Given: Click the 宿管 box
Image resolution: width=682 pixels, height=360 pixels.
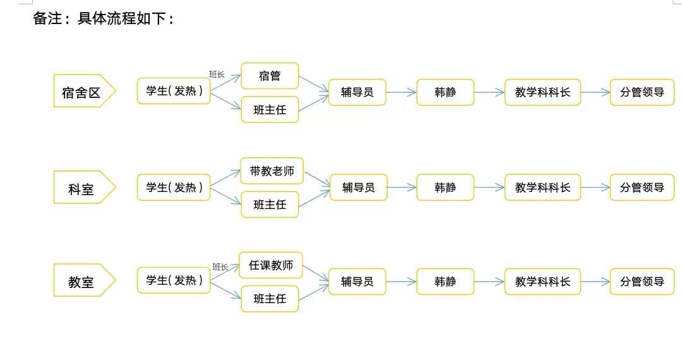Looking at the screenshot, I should tap(270, 76).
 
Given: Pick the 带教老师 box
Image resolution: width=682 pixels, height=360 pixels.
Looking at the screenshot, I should tap(272, 171).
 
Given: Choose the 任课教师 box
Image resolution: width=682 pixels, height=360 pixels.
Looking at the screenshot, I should tap(271, 265).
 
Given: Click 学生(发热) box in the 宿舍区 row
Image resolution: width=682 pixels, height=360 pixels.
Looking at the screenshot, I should tap(174, 92).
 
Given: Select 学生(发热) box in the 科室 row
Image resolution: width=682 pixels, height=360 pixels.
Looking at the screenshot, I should tap(174, 188).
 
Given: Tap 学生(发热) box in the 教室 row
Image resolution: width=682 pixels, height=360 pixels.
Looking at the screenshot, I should tap(174, 280).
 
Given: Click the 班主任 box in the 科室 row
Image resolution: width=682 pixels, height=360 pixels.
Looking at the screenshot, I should tap(270, 204).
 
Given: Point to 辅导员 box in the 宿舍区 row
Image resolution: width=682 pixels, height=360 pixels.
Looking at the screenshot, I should tap(357, 92).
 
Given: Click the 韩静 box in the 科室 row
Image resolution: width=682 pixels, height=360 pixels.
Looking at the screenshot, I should tap(445, 188).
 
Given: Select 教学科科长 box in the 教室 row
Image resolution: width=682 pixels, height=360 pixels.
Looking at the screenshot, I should tap(542, 281).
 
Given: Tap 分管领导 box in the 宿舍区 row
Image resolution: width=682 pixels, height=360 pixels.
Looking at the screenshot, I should tap(642, 92).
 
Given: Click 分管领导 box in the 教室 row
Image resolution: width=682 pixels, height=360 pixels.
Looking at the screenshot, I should tap(642, 281).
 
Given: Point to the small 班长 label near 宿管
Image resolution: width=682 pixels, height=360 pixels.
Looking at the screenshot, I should tap(217, 74).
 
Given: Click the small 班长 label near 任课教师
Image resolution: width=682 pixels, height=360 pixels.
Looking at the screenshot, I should tap(220, 267).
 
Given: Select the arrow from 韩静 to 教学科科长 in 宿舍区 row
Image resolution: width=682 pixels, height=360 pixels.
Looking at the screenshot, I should tap(489, 92).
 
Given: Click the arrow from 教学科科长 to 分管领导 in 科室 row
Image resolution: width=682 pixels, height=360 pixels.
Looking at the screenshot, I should tap(595, 188).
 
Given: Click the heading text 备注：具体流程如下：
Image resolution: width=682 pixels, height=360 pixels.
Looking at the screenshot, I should tap(104, 19).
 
